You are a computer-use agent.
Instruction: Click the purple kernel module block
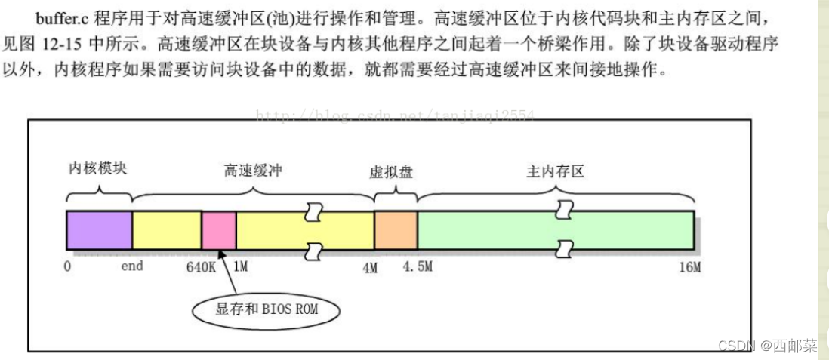click(x=99, y=229)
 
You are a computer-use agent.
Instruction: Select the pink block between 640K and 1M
click(x=218, y=229)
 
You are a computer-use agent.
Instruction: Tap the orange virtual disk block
click(x=396, y=229)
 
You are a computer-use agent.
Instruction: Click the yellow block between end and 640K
click(x=167, y=229)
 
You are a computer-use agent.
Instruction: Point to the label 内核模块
click(x=98, y=168)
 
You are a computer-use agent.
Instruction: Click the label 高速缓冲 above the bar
click(x=253, y=171)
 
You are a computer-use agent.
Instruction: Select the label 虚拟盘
click(x=391, y=171)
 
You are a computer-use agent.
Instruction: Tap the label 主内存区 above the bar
click(x=555, y=171)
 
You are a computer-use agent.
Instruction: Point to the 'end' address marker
click(x=131, y=266)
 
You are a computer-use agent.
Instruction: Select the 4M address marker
click(x=369, y=267)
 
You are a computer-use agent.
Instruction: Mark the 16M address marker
click(x=689, y=267)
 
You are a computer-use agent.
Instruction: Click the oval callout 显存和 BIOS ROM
click(x=267, y=309)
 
